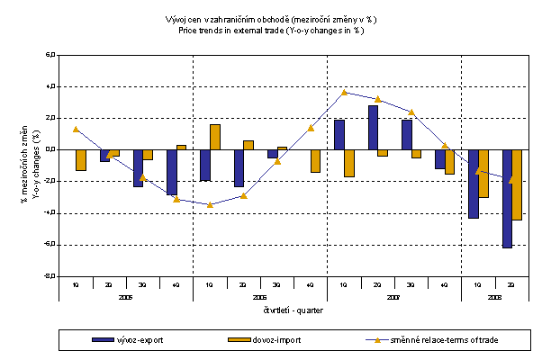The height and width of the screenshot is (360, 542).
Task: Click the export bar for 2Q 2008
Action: pyautogui.click(x=508, y=198)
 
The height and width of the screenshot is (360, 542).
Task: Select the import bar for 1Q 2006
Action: pyautogui.click(x=215, y=137)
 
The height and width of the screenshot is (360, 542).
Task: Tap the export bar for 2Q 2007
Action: pyautogui.click(x=373, y=127)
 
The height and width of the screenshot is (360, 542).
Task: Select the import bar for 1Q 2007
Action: pyautogui.click(x=349, y=163)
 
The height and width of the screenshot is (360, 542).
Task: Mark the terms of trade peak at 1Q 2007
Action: pyautogui.click(x=345, y=92)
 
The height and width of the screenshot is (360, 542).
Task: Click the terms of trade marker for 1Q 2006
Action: pyautogui.click(x=210, y=204)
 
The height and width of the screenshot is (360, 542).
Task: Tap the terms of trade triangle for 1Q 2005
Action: pyautogui.click(x=76, y=129)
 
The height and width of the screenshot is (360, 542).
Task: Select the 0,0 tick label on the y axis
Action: pyautogui.click(x=50, y=149)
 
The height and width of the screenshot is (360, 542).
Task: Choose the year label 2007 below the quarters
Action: pyautogui.click(x=394, y=296)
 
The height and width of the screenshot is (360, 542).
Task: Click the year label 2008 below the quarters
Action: pyautogui.click(x=495, y=296)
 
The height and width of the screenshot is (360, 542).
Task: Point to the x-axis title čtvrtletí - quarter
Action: pyautogui.click(x=293, y=310)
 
